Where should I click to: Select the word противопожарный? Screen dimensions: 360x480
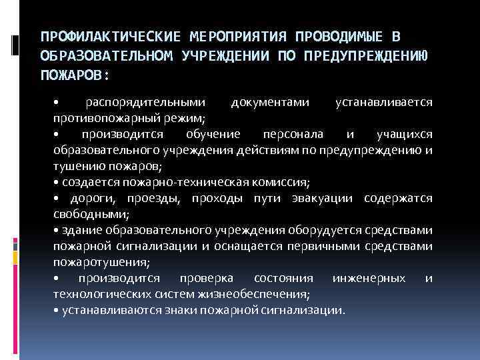(103, 118)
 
